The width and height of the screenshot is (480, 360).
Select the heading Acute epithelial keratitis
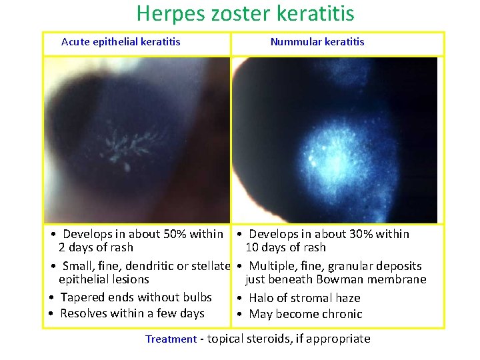[121, 41]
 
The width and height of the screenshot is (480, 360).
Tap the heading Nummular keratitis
[317, 41]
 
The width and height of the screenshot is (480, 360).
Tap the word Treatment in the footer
[171, 339]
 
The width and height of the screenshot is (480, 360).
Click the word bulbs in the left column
[197, 297]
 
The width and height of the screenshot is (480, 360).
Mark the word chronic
[342, 314]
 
